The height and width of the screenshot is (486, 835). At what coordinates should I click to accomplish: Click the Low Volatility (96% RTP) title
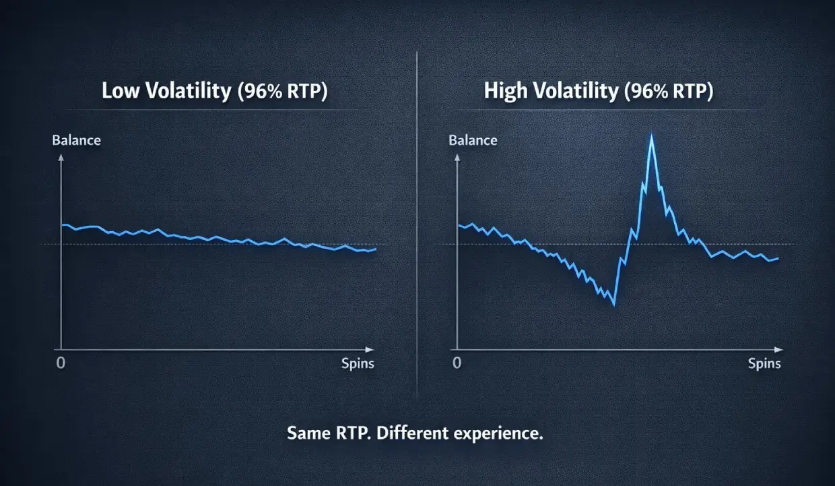click(x=214, y=92)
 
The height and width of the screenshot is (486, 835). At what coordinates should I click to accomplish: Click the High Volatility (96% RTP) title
click(x=598, y=92)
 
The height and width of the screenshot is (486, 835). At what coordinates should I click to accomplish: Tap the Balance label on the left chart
click(x=76, y=141)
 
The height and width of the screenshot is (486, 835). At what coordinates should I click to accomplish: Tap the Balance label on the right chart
click(x=473, y=141)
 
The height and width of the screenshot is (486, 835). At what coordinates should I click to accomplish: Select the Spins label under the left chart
click(x=358, y=364)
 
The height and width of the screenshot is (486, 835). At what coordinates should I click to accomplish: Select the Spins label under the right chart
click(x=764, y=364)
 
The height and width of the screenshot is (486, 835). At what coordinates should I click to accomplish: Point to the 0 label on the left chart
click(x=61, y=363)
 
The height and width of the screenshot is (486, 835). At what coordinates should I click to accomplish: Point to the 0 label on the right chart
click(x=458, y=363)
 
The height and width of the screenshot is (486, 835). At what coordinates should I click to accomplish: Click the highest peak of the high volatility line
click(x=651, y=137)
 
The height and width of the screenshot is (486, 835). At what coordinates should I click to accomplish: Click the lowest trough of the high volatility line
click(x=613, y=305)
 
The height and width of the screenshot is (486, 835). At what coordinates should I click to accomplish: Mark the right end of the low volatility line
click(x=375, y=249)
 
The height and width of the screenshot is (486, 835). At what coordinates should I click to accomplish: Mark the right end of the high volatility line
click(x=778, y=258)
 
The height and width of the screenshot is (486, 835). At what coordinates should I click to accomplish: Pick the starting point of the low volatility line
click(x=62, y=224)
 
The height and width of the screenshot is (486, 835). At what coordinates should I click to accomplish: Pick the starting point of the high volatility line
click(x=459, y=225)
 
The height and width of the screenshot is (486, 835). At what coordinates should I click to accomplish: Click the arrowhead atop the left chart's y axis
click(x=61, y=157)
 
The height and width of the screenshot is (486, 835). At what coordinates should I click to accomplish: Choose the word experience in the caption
click(x=500, y=433)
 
